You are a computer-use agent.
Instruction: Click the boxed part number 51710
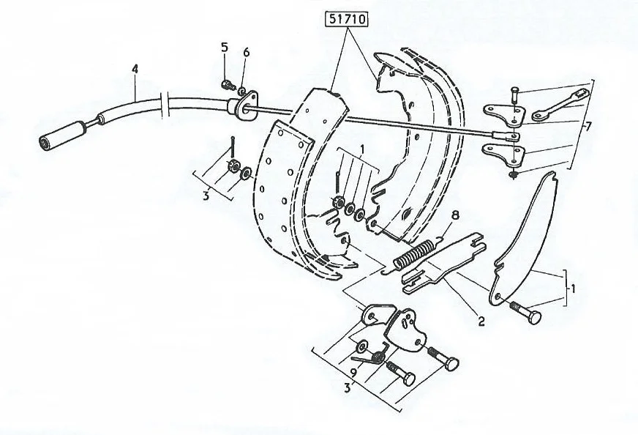click(346, 19)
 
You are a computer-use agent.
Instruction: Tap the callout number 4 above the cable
click(135, 69)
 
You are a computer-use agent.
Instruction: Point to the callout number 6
click(246, 53)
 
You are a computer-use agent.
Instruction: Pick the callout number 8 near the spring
click(455, 215)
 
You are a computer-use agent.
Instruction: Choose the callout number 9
click(353, 371)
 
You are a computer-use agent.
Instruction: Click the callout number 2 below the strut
click(481, 321)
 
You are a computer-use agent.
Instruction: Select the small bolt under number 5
click(228, 85)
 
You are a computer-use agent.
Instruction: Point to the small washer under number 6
click(241, 90)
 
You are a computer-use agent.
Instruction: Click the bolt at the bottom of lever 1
click(526, 312)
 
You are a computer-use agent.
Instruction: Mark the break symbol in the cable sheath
click(165, 105)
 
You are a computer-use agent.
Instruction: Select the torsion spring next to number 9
click(372, 356)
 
